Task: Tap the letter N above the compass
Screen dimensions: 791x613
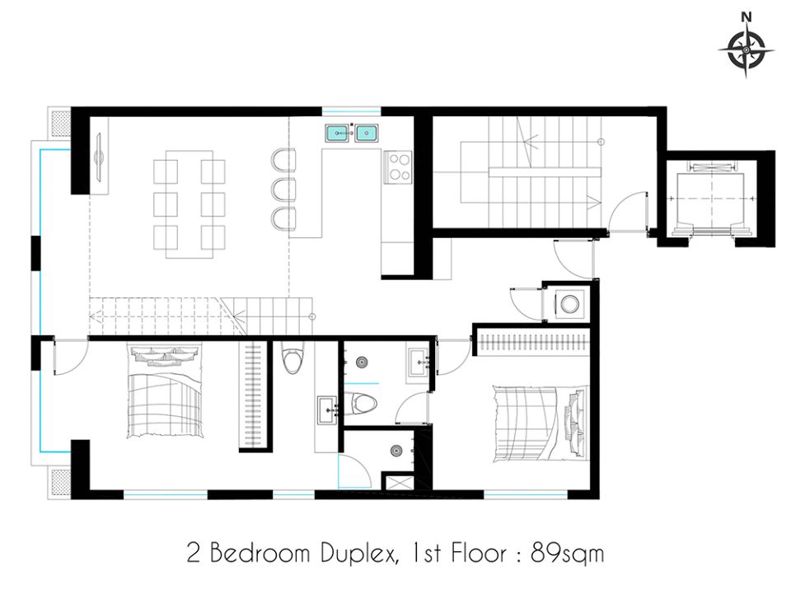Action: point(747,16)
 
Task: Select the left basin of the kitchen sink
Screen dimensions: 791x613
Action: point(337,133)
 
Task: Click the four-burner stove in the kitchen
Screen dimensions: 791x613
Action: point(399,167)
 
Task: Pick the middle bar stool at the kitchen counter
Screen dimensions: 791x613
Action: point(283,190)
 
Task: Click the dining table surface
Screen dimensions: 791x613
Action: point(190,204)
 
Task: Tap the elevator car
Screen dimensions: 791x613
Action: point(710,199)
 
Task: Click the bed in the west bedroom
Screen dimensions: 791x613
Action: point(165,391)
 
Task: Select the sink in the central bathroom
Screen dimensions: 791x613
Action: point(418,362)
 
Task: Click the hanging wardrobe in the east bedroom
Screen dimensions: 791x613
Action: point(533,342)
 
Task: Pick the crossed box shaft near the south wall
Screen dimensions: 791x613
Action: point(397,483)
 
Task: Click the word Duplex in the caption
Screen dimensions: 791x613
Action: point(357,553)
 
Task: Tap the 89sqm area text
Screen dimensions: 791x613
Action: point(568,554)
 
